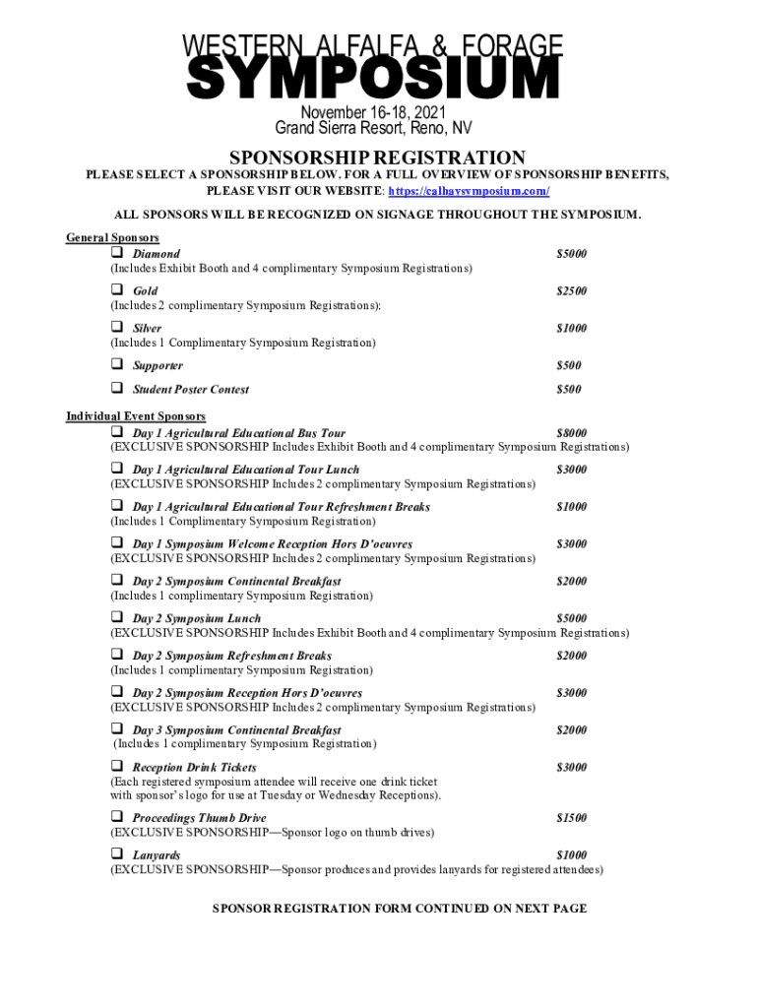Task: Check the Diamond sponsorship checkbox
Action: (116, 253)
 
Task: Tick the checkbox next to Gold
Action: (116, 290)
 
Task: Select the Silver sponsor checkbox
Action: (116, 327)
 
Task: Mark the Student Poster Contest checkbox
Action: (116, 389)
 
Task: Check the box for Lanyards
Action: (116, 854)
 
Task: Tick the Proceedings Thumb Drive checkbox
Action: (116, 817)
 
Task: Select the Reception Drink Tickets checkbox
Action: (116, 766)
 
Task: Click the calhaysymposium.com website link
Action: (469, 191)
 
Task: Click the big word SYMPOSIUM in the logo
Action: (373, 79)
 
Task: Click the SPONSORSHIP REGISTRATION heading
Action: (377, 157)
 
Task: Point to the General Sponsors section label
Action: (112, 238)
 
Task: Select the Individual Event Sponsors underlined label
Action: (136, 417)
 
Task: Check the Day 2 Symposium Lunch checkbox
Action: (116, 618)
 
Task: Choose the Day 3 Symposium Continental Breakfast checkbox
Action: (116, 729)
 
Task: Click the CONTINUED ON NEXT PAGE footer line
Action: (400, 909)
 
